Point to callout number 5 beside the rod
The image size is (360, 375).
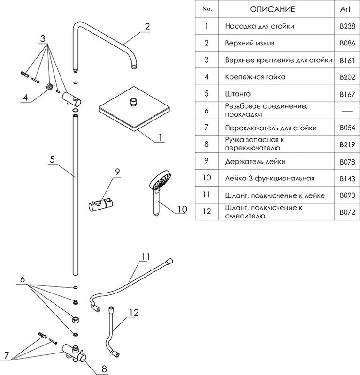pyautogui.click(x=53, y=159)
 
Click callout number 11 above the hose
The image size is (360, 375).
pyautogui.click(x=146, y=256)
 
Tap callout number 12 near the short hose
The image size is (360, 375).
pyautogui.click(x=134, y=312)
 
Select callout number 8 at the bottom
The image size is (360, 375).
pyautogui.click(x=104, y=368)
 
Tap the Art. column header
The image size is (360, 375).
pyautogui.click(x=346, y=9)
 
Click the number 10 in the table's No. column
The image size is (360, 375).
pyautogui.click(x=207, y=179)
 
